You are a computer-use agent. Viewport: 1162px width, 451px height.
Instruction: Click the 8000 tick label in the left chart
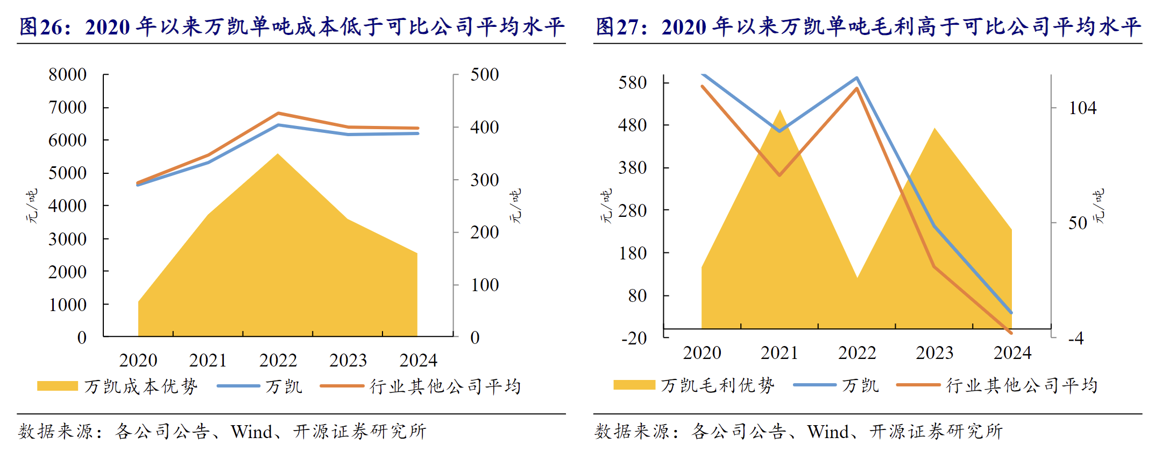pyautogui.click(x=67, y=74)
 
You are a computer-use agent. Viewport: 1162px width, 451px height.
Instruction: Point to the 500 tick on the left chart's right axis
pyautogui.click(x=484, y=74)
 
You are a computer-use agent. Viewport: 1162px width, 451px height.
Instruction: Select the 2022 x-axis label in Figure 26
pyautogui.click(x=278, y=360)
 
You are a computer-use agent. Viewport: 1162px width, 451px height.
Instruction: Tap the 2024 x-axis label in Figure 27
pyautogui.click(x=1012, y=353)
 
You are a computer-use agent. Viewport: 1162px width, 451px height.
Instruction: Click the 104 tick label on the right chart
pyautogui.click(x=1082, y=108)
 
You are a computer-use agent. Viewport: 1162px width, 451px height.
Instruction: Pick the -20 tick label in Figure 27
pyautogui.click(x=634, y=338)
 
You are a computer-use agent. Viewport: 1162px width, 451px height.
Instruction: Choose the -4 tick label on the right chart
pyautogui.click(x=1076, y=338)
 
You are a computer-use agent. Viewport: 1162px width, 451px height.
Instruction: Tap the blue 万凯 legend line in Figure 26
pyautogui.click(x=238, y=386)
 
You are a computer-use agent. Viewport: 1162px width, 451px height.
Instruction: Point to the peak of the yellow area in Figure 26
pyautogui.click(x=278, y=154)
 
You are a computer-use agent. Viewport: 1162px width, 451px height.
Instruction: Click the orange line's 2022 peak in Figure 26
pyautogui.click(x=278, y=114)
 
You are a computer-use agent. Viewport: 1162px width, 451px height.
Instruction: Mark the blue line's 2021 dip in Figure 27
pyautogui.click(x=780, y=131)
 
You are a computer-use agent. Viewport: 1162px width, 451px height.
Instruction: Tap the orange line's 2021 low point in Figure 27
pyautogui.click(x=780, y=175)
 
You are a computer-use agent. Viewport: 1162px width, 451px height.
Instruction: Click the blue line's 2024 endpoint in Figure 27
pyautogui.click(x=1011, y=312)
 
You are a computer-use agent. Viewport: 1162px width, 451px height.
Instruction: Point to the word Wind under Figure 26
pyautogui.click(x=251, y=431)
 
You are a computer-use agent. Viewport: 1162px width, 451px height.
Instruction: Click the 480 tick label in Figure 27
pyautogui.click(x=633, y=125)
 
